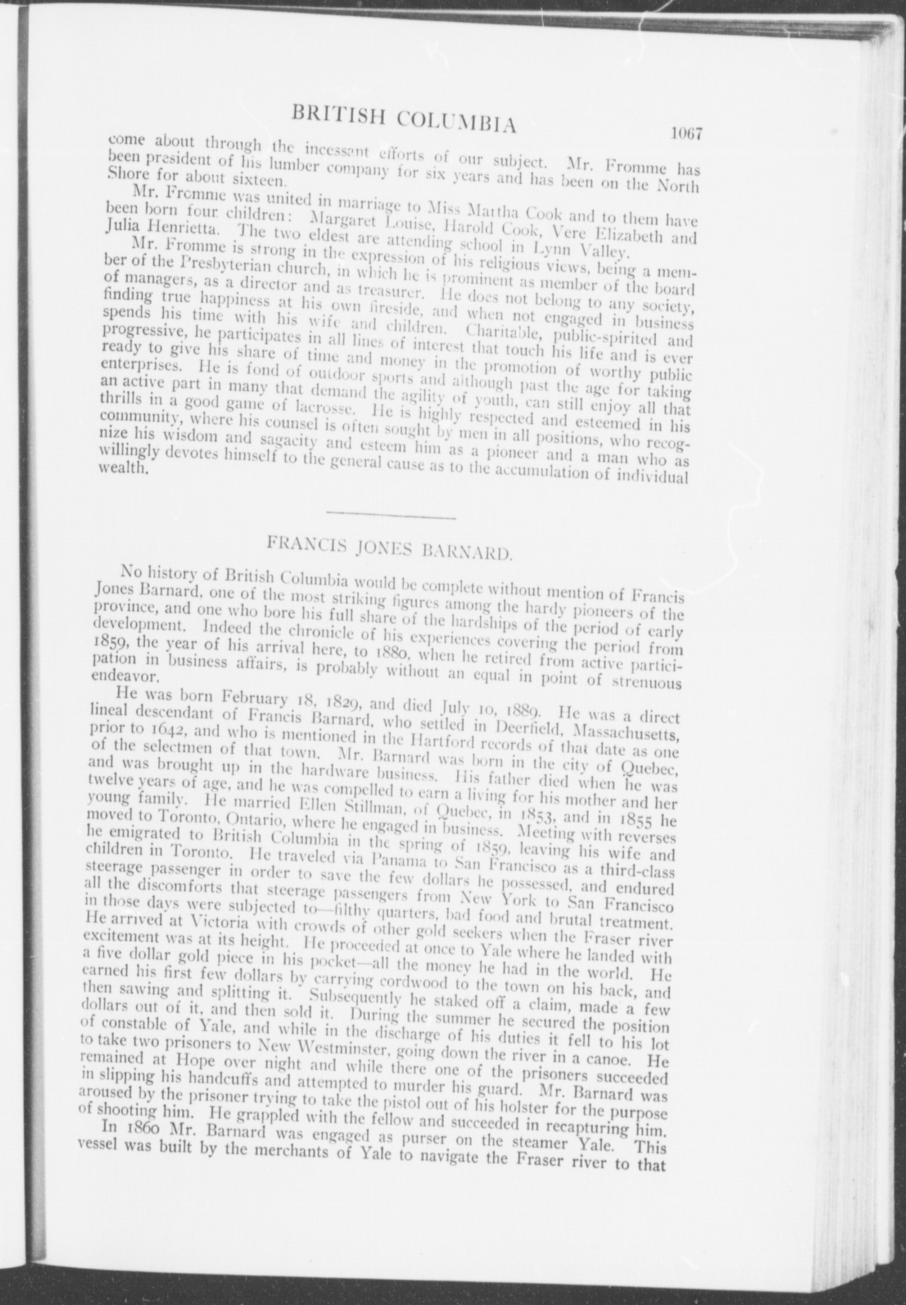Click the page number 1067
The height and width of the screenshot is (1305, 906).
(687, 134)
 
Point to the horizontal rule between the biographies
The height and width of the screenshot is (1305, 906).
(391, 517)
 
